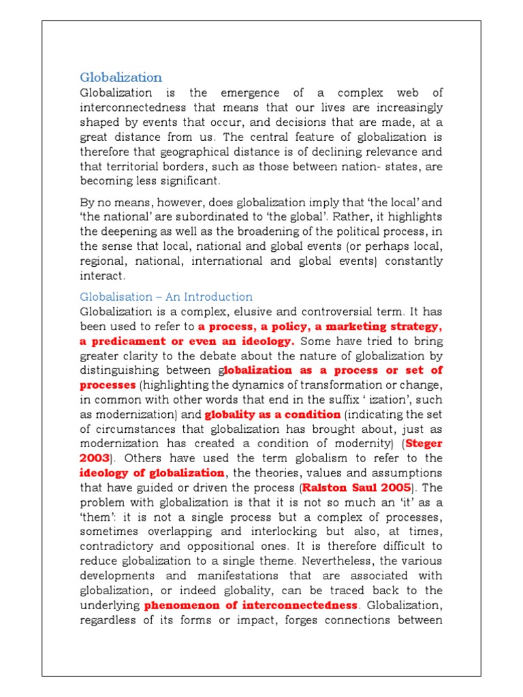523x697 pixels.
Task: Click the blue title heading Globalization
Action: click(x=121, y=77)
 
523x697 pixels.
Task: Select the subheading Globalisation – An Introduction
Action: click(x=166, y=297)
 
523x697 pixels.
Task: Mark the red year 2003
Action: click(x=95, y=458)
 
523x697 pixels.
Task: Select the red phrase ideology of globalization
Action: click(x=152, y=472)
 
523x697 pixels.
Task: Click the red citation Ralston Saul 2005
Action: click(x=357, y=487)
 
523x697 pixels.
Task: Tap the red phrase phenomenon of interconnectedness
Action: click(x=251, y=605)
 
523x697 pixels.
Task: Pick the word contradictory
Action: click(x=120, y=546)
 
